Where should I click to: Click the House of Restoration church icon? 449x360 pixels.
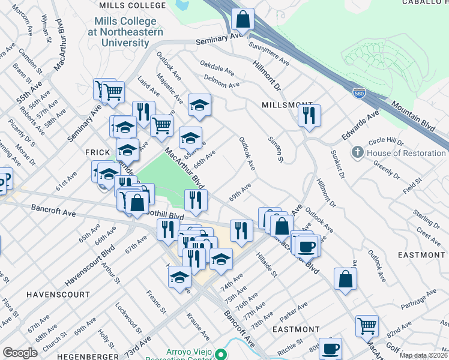tap(358, 152)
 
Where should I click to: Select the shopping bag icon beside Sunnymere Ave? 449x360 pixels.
tap(243, 20)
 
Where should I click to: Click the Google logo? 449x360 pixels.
tap(20, 353)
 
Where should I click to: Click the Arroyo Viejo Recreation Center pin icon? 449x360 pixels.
tap(221, 355)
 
